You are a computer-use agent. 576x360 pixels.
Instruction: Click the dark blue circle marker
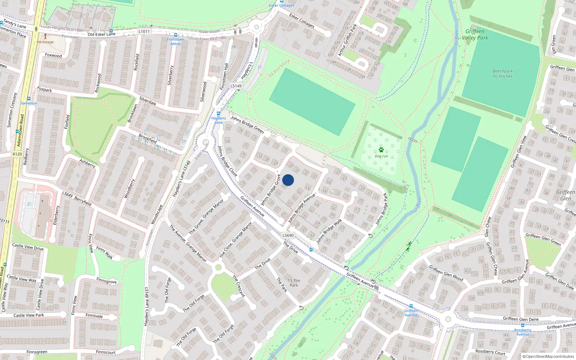(x=288, y=180)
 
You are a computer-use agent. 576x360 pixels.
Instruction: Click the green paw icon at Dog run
(x=381, y=150)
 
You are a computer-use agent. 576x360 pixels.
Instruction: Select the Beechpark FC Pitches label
(x=503, y=74)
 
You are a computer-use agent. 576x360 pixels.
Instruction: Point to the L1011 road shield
(x=144, y=31)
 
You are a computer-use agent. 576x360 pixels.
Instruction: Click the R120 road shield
(x=17, y=154)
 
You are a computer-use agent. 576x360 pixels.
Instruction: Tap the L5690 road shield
(x=288, y=235)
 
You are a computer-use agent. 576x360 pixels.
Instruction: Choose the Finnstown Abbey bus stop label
(x=175, y=42)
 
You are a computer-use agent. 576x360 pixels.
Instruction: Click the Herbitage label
(x=45, y=42)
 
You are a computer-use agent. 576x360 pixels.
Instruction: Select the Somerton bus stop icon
(x=29, y=99)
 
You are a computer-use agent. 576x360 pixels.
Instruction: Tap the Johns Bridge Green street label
(x=247, y=125)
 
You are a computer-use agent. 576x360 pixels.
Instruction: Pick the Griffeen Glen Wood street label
(x=446, y=273)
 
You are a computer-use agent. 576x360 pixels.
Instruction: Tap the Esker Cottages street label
(x=302, y=21)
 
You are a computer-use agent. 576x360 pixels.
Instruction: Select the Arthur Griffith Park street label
(x=347, y=40)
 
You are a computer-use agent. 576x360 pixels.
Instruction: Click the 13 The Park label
(x=294, y=283)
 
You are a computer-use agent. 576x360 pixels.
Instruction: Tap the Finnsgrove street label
(x=106, y=280)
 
